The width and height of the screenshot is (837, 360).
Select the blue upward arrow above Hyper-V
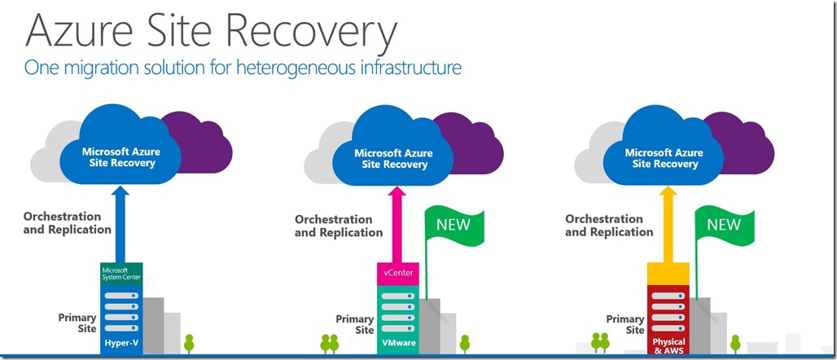point(121,224)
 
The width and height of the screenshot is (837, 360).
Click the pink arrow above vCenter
point(397,224)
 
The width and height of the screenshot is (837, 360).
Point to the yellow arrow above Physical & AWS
point(668,224)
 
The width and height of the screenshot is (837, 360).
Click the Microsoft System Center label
point(121,272)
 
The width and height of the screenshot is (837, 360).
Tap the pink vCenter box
point(397,274)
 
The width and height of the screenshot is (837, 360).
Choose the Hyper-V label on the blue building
point(121,342)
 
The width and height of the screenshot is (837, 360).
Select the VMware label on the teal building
point(397,342)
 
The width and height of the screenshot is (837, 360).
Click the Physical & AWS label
point(668,346)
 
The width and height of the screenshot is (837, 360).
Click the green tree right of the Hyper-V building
point(188,344)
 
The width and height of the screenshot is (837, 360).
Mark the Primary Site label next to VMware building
point(354,324)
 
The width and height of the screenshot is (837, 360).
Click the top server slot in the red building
point(668,296)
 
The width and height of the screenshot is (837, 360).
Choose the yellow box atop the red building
point(668,274)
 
